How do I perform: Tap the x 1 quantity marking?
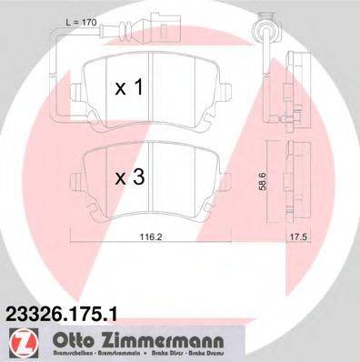pos(129,88)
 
